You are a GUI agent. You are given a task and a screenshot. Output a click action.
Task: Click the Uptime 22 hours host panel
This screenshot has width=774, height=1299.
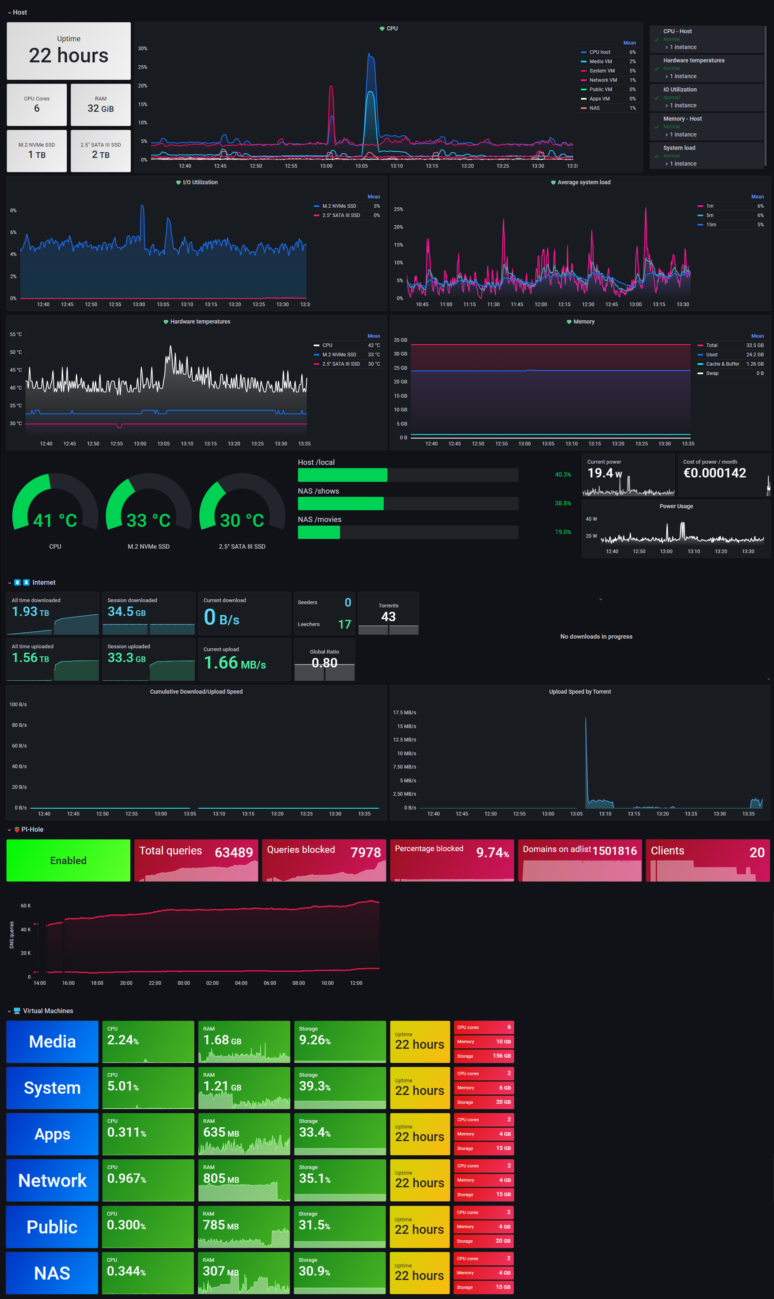[68, 51]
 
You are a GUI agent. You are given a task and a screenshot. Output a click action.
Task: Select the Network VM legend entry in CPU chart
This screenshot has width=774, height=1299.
[603, 80]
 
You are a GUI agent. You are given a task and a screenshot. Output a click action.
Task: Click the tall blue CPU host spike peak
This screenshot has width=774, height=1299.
[369, 54]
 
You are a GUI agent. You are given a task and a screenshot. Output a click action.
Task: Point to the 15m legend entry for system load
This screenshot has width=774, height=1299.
[711, 225]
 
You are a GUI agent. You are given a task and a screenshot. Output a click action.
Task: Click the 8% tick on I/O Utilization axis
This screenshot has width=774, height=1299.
[13, 210]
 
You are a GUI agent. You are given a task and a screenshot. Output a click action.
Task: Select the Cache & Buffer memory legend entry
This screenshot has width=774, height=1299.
[722, 364]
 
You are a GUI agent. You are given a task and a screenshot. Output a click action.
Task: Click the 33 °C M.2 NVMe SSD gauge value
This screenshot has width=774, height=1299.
[149, 520]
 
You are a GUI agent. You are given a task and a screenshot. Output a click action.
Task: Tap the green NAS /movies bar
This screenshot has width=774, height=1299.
[319, 532]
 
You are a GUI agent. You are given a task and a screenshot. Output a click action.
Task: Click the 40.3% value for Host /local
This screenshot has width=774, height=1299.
[562, 475]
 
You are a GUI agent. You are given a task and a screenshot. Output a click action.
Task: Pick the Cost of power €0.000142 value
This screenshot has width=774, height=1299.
[714, 473]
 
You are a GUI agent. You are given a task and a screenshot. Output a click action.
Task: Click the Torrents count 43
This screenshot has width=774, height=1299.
[388, 617]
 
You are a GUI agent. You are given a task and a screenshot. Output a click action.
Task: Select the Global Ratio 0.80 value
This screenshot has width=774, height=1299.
[324, 662]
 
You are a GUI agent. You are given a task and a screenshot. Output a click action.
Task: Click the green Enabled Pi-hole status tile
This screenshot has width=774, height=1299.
[68, 860]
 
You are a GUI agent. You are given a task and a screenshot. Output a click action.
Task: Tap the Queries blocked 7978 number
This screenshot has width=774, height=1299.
[365, 852]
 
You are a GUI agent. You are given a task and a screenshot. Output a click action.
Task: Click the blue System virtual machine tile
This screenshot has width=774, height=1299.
[52, 1088]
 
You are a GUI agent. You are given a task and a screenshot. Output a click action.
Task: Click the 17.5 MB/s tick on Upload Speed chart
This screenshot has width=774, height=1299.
[404, 713]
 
